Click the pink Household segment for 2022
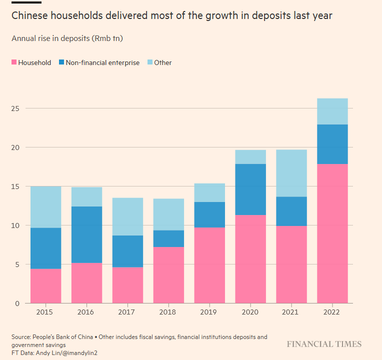click(332, 233)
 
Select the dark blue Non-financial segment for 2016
click(86, 234)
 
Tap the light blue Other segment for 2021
click(291, 173)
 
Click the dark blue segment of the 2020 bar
click(250, 189)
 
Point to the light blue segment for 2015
click(45, 207)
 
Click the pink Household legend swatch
click(14, 62)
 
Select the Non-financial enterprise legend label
click(102, 62)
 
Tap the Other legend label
click(162, 62)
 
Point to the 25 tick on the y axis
click(16, 108)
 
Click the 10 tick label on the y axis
click(16, 225)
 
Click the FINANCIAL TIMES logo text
click(323, 344)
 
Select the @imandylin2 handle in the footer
click(81, 353)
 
